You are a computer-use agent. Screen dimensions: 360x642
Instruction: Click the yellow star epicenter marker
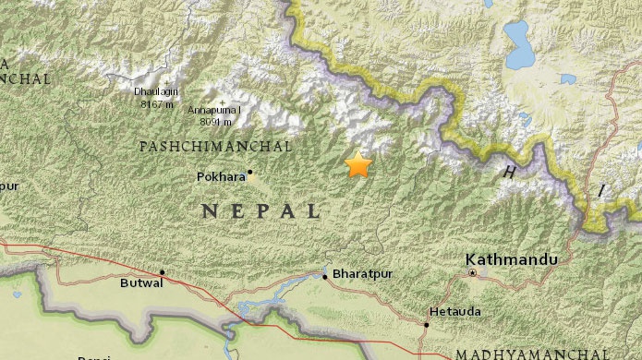tap(357, 165)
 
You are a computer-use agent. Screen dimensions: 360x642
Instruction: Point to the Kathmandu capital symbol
tap(472, 273)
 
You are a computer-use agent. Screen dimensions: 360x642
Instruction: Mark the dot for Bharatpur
tap(325, 275)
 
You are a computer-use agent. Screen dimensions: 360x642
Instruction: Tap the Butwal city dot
tap(163, 272)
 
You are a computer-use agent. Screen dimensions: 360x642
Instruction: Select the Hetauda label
tap(454, 312)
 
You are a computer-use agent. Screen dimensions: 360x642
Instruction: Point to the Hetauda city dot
tap(427, 324)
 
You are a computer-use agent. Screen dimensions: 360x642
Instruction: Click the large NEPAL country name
tap(260, 211)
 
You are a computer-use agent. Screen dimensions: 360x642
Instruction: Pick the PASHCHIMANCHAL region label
tap(214, 147)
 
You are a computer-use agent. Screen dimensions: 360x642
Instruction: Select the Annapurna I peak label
tap(215, 110)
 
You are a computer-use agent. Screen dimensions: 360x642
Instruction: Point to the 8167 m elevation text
tap(157, 103)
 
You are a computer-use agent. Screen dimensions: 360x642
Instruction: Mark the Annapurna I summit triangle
tap(221, 101)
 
